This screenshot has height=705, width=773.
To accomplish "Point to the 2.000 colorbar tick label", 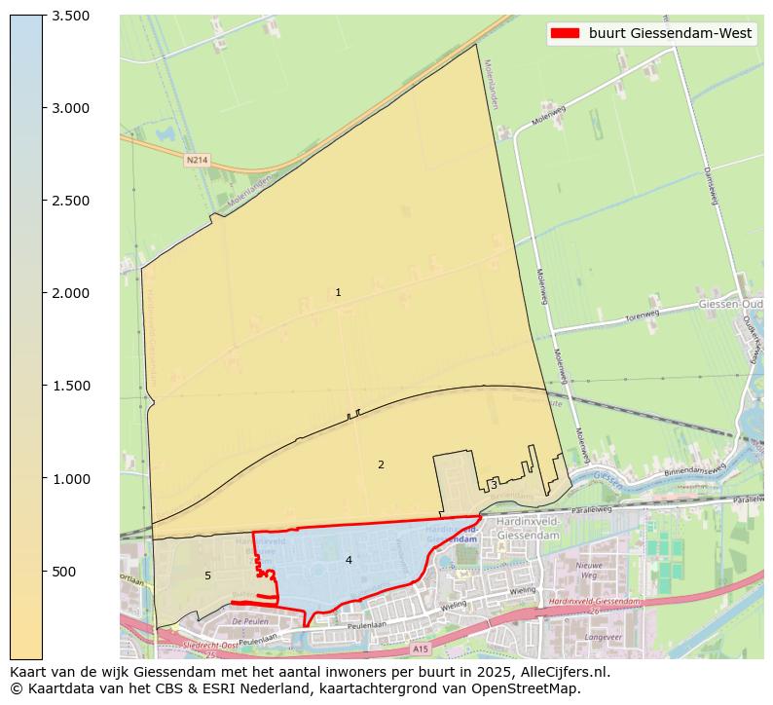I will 71,293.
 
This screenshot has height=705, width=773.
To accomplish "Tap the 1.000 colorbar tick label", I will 71,479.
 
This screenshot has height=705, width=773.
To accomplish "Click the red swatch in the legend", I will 565,33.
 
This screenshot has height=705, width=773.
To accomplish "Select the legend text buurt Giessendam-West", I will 670,33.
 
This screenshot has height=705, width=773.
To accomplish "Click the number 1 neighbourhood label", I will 338,292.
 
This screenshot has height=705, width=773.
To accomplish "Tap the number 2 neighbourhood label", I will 381,464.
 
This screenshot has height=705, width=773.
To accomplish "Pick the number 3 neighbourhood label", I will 494,484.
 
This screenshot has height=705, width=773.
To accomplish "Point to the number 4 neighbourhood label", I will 348,560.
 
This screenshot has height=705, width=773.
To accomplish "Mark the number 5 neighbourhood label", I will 207,575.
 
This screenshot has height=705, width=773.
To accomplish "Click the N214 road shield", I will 197,159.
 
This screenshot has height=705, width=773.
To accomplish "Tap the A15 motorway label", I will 420,648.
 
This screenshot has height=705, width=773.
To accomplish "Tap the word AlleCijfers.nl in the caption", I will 560,671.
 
